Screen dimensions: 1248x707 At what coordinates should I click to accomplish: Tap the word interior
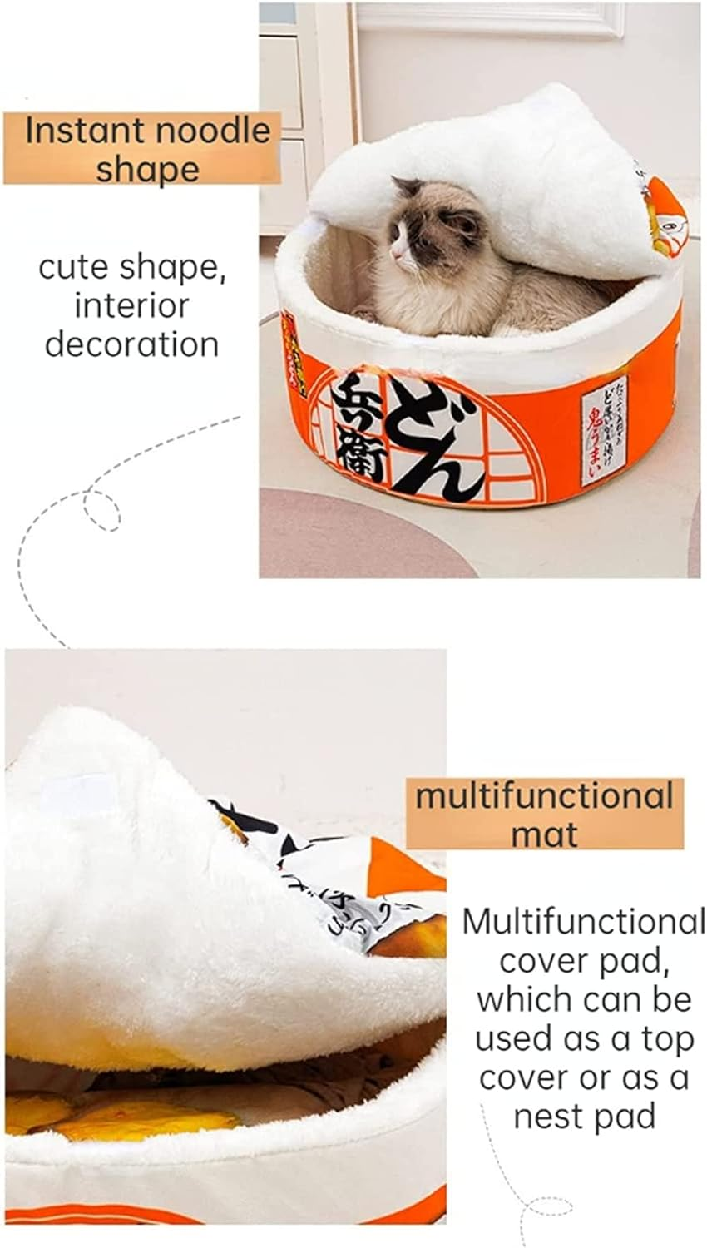tap(131, 305)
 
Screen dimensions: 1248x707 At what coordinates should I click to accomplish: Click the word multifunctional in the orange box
tap(544, 796)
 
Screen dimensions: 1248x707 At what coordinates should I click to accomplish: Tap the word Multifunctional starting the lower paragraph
tap(583, 922)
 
